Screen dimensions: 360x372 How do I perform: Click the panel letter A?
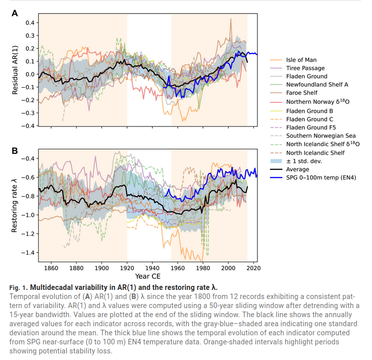(x=15, y=13)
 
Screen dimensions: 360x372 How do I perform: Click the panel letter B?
(x=15, y=151)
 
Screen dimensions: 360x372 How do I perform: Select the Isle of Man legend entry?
(x=301, y=60)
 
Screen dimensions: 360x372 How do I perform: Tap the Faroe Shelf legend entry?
(x=302, y=93)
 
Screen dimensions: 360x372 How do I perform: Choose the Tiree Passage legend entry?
(x=305, y=68)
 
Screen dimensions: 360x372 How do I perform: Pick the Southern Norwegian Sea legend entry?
(x=321, y=136)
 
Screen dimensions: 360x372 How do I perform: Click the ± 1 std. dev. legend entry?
(x=304, y=161)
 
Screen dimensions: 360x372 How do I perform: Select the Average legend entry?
(x=297, y=169)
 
